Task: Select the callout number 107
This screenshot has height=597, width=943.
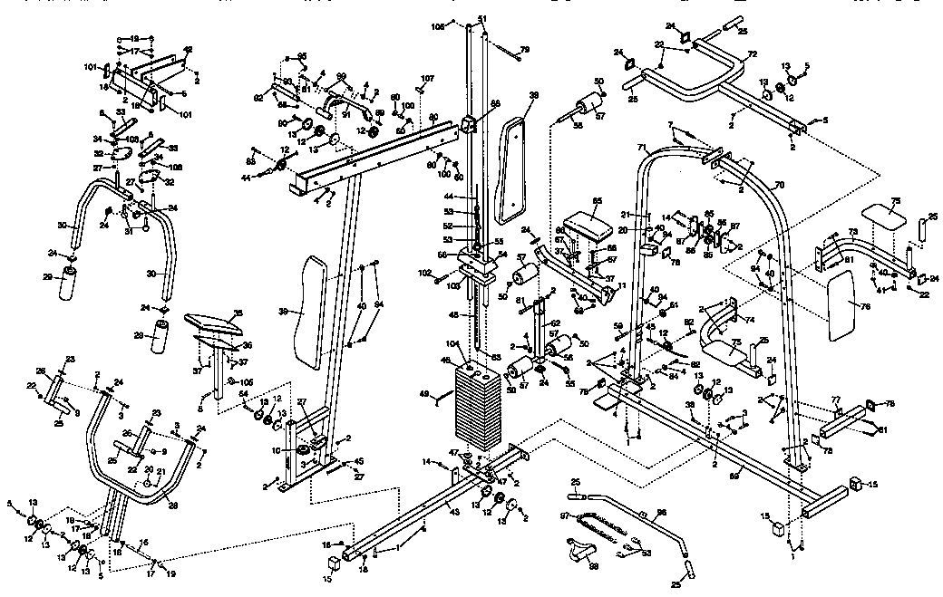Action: coord(427,78)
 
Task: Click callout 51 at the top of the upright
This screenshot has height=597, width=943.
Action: coord(482,19)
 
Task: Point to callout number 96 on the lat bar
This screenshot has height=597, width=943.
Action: coord(660,514)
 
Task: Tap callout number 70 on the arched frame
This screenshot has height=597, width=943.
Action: coord(778,185)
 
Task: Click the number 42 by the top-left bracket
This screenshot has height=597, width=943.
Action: coord(188,49)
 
